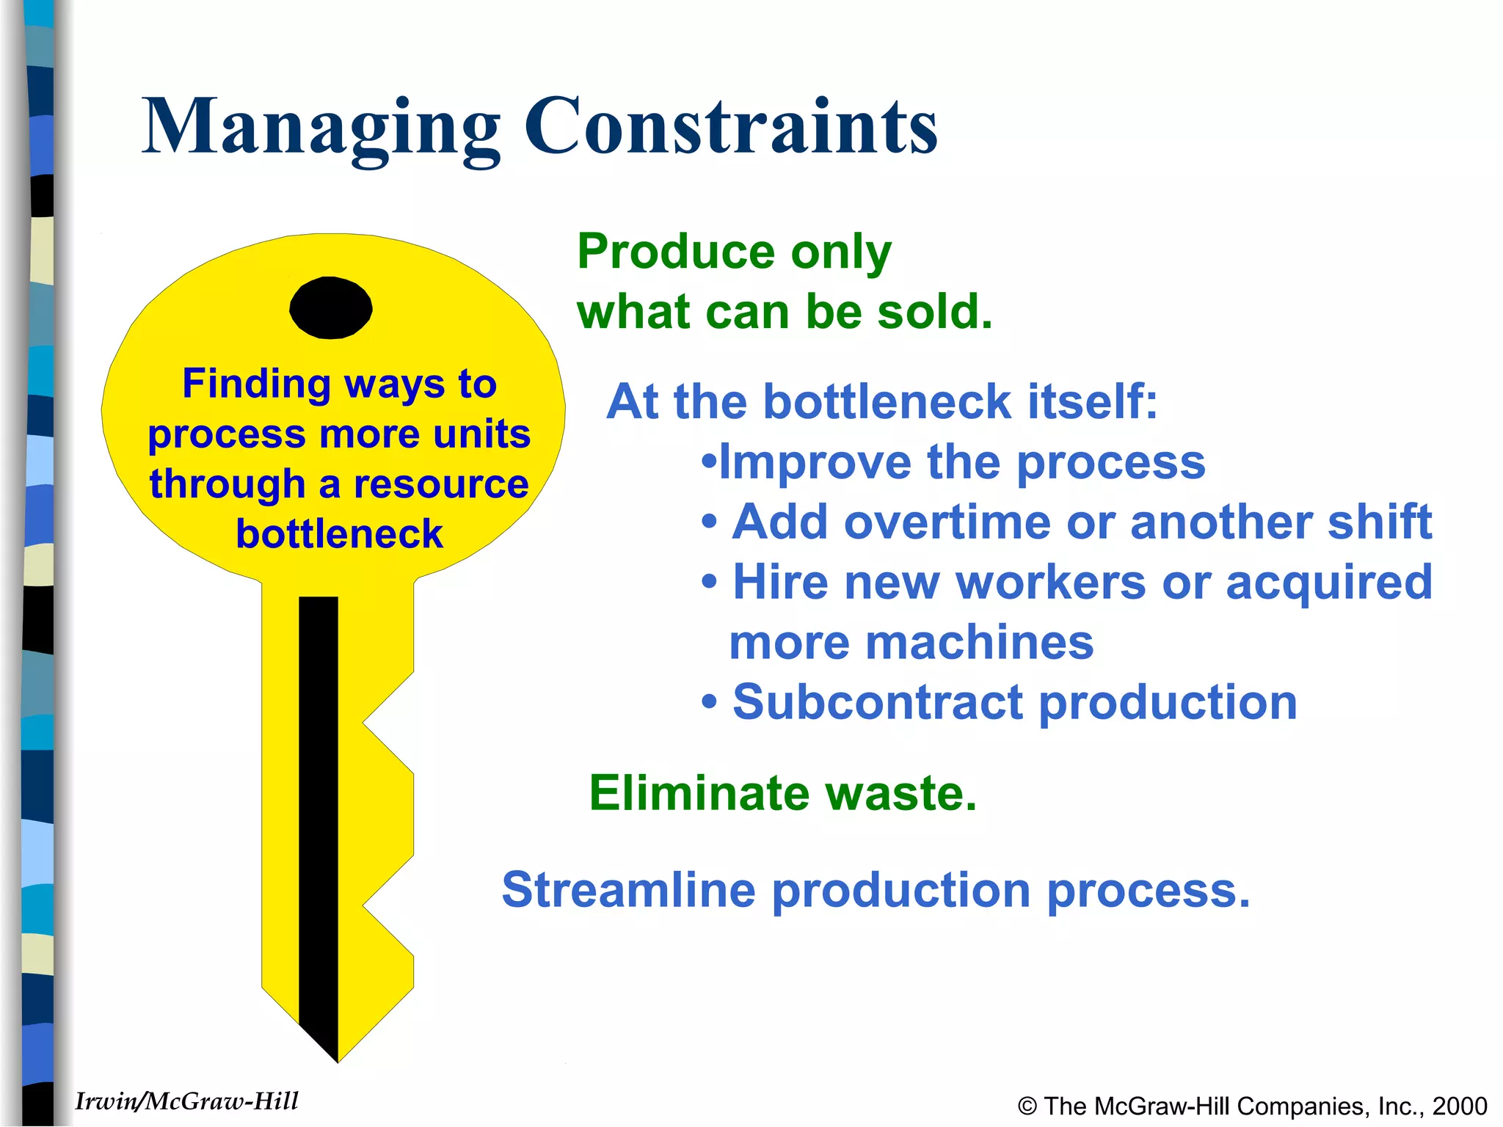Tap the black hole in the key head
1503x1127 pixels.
(x=331, y=308)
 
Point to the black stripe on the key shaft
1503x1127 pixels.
(x=319, y=807)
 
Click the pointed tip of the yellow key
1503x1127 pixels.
(x=338, y=1057)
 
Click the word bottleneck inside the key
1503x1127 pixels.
(x=339, y=533)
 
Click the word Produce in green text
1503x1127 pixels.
(x=676, y=252)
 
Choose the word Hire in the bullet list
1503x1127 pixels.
(x=781, y=582)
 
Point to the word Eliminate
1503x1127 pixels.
(x=698, y=793)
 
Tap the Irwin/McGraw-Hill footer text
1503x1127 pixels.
(x=186, y=1101)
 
